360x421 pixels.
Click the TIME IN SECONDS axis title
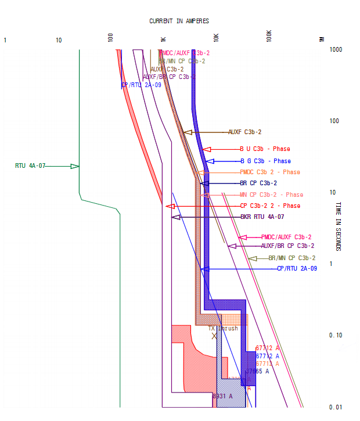pos(339,226)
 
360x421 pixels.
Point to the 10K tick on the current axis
pos(216,38)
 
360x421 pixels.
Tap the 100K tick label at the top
pos(269,35)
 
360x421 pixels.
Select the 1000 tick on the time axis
pos(336,50)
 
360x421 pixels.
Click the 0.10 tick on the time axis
pos(336,336)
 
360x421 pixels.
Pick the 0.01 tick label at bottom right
pos(336,407)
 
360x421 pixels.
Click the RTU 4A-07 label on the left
pos(30,166)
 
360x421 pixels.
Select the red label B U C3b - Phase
pos(265,149)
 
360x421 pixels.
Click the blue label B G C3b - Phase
pos(265,161)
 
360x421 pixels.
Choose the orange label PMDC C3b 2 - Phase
pos(270,172)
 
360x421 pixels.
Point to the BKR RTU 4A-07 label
pos(262,217)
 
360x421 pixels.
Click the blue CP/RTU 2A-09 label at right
pos(297,268)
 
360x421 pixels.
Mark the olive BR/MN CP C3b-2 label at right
pos(292,258)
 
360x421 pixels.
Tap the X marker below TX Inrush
pos(214,336)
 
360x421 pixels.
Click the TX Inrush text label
pos(224,329)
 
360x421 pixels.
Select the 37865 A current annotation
pos(257,372)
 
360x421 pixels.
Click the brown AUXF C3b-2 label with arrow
pos(245,132)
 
